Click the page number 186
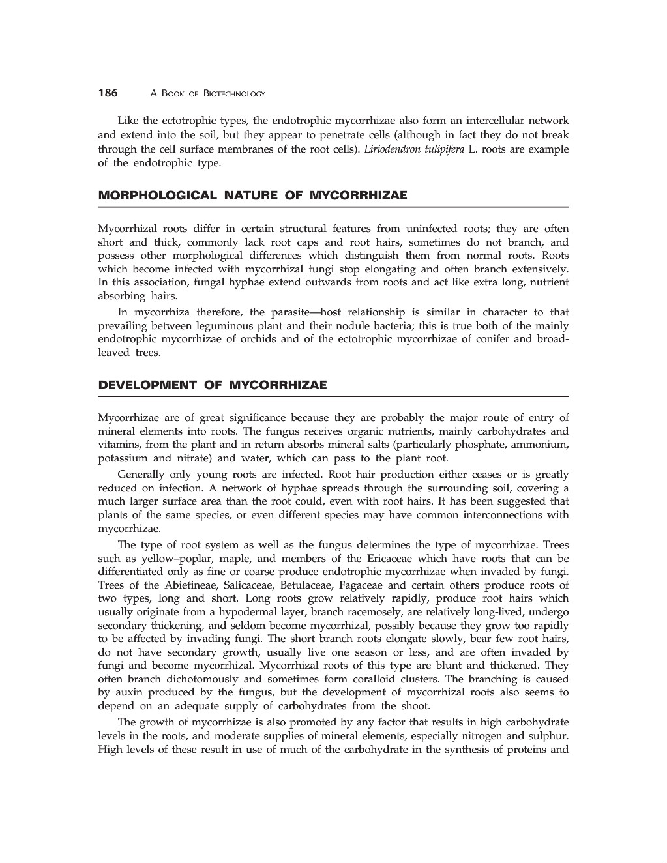[x=108, y=93]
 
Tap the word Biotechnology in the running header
[x=234, y=94]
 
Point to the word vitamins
[x=118, y=445]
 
